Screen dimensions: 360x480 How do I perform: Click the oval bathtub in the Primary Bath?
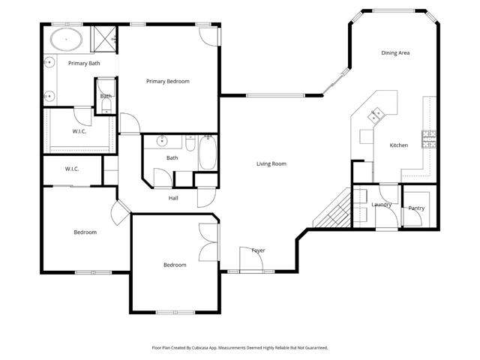coord(67,38)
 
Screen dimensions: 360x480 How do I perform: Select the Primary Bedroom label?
coord(167,81)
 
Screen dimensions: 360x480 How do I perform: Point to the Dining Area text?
coord(395,53)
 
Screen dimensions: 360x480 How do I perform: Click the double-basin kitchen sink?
coord(376,114)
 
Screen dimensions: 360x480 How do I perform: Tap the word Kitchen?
coord(398,145)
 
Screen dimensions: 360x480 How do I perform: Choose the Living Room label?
coord(271,163)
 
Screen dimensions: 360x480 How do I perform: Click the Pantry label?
coord(416,208)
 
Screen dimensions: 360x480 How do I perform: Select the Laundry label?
coord(382,204)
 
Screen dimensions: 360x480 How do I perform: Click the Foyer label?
coord(258,250)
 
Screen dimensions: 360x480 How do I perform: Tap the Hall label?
coord(172,198)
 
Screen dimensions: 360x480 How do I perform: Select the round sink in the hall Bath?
coord(162,141)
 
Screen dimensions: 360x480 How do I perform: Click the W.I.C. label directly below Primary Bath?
coord(79,132)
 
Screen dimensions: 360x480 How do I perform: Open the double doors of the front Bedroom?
coord(210,241)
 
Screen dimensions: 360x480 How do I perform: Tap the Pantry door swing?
coord(412,216)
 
